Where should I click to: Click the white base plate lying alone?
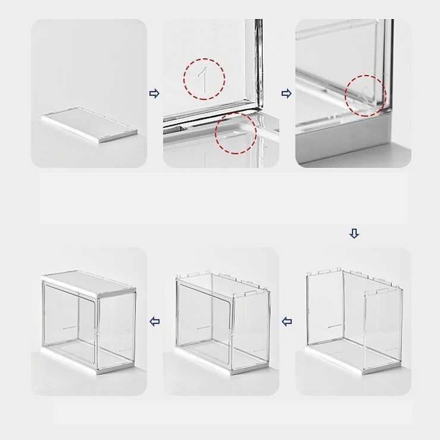point(90,124)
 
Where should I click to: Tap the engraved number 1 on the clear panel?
point(203,80)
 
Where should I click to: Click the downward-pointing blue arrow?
point(354,233)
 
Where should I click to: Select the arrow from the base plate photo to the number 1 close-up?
point(155,93)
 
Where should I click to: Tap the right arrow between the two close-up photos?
point(287,93)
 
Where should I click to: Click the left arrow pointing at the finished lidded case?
point(155,321)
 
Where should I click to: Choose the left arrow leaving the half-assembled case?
point(287,321)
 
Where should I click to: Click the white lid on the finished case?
point(89,284)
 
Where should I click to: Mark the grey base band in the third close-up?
point(345,140)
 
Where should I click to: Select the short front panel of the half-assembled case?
point(383,330)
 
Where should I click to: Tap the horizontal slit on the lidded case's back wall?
point(70,327)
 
